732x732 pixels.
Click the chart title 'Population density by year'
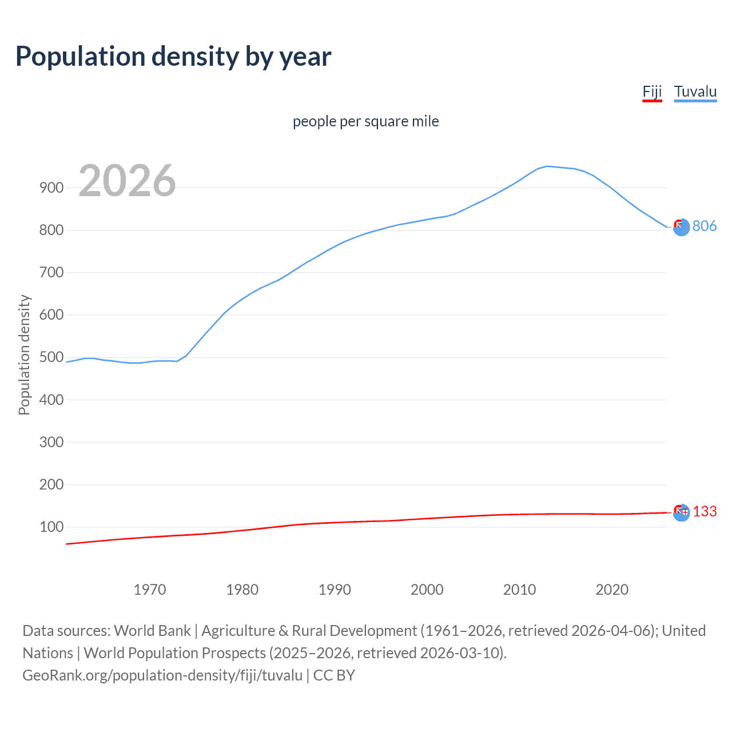(173, 57)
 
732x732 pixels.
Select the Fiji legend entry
(652, 91)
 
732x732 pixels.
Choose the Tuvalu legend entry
(695, 91)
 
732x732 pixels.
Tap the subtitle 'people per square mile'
(365, 121)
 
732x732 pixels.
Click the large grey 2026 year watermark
(127, 181)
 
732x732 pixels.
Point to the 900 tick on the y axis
(51, 188)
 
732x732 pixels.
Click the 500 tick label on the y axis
(51, 357)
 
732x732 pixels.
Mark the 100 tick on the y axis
(51, 527)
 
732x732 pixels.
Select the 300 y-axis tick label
(51, 442)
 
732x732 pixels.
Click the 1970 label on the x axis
(150, 590)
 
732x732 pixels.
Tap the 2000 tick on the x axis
(427, 590)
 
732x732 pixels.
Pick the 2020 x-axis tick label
(612, 590)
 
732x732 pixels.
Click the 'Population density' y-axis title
(24, 355)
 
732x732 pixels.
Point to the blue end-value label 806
(704, 226)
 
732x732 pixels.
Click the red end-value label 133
(705, 511)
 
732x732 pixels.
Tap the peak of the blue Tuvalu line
(547, 166)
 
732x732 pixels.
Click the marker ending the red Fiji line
(681, 512)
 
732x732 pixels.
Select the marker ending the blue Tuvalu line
(681, 228)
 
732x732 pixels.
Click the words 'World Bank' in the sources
(152, 631)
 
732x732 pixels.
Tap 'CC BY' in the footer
(334, 675)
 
